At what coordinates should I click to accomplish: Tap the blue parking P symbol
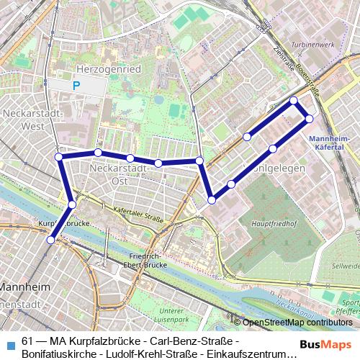(x=76, y=86)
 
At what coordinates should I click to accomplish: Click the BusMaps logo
(x=326, y=344)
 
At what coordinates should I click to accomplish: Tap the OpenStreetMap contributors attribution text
(x=297, y=323)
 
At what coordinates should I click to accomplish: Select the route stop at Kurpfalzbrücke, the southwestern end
(x=50, y=240)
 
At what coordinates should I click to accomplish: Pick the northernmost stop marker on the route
(x=294, y=101)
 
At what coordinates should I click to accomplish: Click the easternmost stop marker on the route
(x=309, y=118)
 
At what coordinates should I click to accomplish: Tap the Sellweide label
(x=345, y=266)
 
